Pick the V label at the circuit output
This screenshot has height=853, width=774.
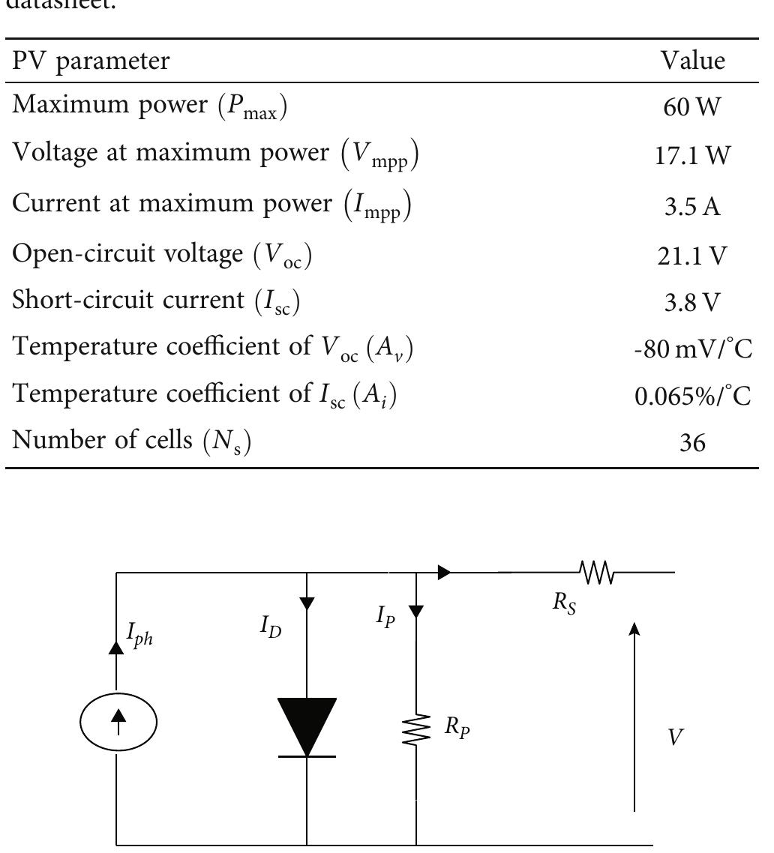[676, 738]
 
